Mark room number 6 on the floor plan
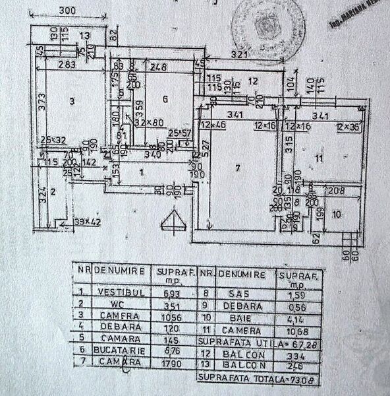coord(165,99)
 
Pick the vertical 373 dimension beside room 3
coord(40,102)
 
